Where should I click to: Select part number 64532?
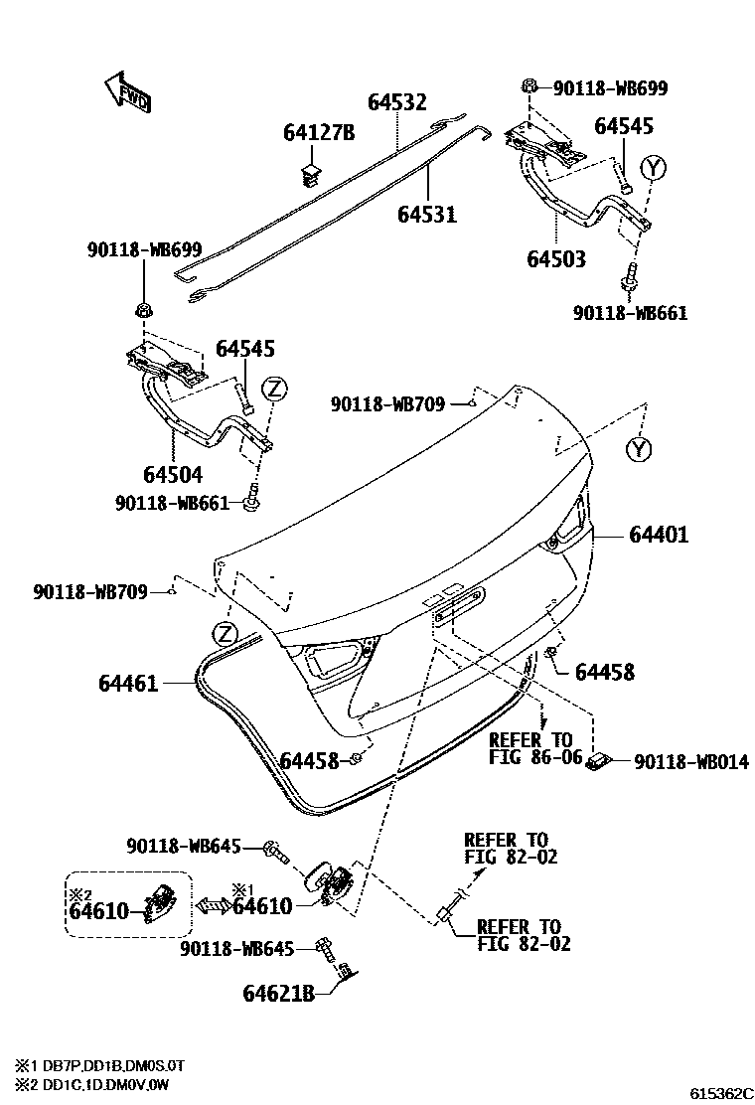396,102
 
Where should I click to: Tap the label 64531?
427,214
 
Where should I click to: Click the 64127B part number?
318,133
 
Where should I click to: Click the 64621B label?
278,992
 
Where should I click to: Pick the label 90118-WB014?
690,762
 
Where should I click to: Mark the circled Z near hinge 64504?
276,388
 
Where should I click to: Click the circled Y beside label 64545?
652,167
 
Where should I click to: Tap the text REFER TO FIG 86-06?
530,748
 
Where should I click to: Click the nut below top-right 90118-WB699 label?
529,90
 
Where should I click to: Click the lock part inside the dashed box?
159,902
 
